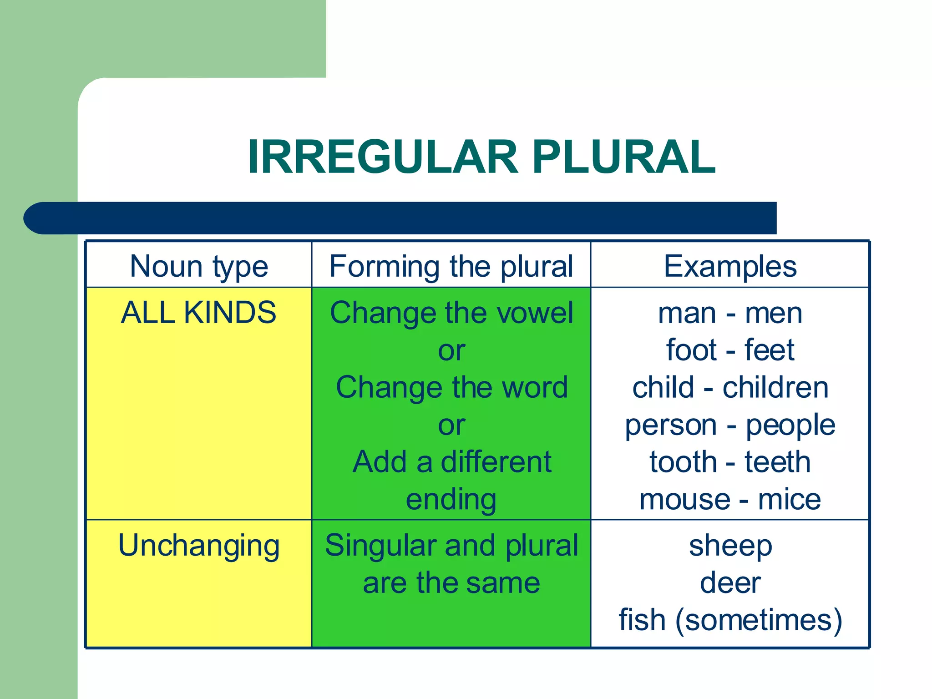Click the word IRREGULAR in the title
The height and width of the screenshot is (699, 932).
[382, 157]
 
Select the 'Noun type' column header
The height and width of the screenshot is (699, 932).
[199, 266]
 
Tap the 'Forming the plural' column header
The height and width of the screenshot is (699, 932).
[451, 266]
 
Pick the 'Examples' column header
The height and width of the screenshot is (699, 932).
[730, 266]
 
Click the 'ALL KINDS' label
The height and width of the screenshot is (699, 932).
[198, 313]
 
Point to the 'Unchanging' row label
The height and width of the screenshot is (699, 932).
[199, 545]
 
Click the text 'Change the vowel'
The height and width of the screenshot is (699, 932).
[451, 313]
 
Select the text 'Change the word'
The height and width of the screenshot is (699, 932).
[451, 388]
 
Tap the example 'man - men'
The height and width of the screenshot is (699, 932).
[730, 313]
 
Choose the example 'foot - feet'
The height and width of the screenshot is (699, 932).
[730, 350]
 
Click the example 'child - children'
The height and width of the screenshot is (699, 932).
[730, 388]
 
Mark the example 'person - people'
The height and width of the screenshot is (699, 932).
[730, 425]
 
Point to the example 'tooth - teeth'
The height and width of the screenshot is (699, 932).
[730, 462]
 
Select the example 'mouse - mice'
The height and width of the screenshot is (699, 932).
[730, 499]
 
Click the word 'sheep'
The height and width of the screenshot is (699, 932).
[730, 545]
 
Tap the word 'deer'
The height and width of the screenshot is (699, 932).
[730, 582]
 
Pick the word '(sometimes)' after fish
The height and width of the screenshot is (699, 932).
[759, 620]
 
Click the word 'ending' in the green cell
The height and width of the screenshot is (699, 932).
[451, 500]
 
